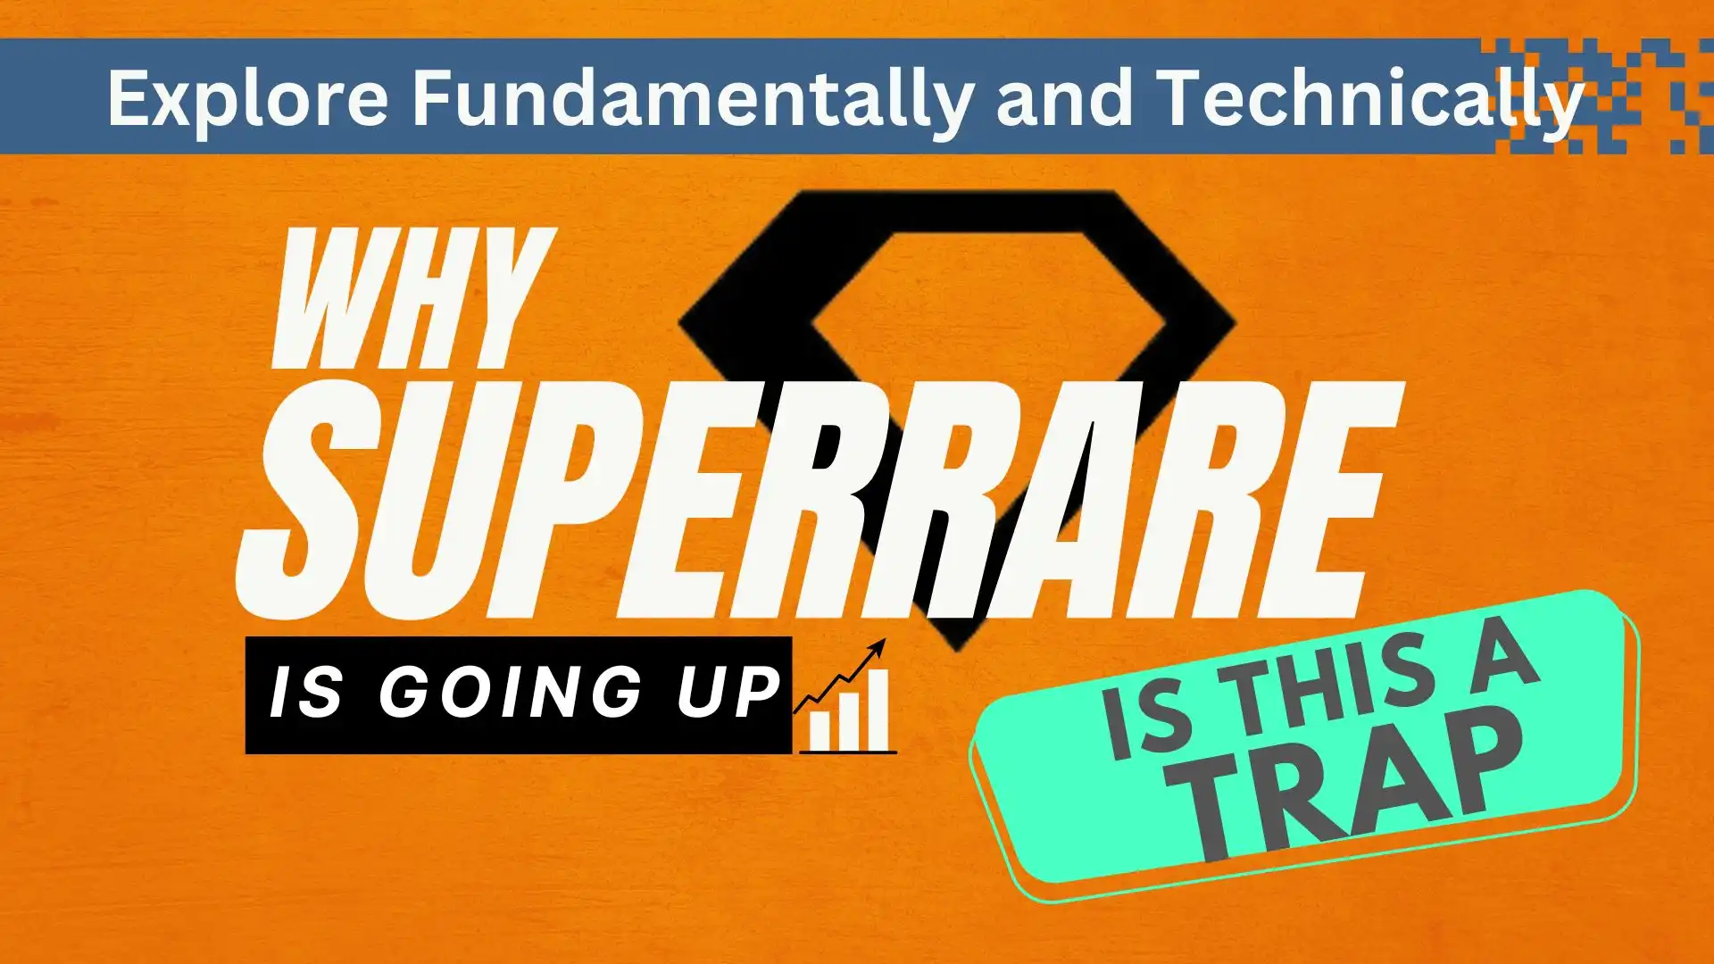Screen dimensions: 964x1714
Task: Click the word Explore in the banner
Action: [247, 98]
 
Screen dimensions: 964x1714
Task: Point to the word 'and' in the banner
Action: [1062, 98]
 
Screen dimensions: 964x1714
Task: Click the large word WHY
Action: [411, 299]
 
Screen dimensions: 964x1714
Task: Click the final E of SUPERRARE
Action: [1321, 500]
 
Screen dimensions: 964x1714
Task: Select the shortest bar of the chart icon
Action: [820, 732]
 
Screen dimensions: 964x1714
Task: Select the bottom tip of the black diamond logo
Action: [958, 643]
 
